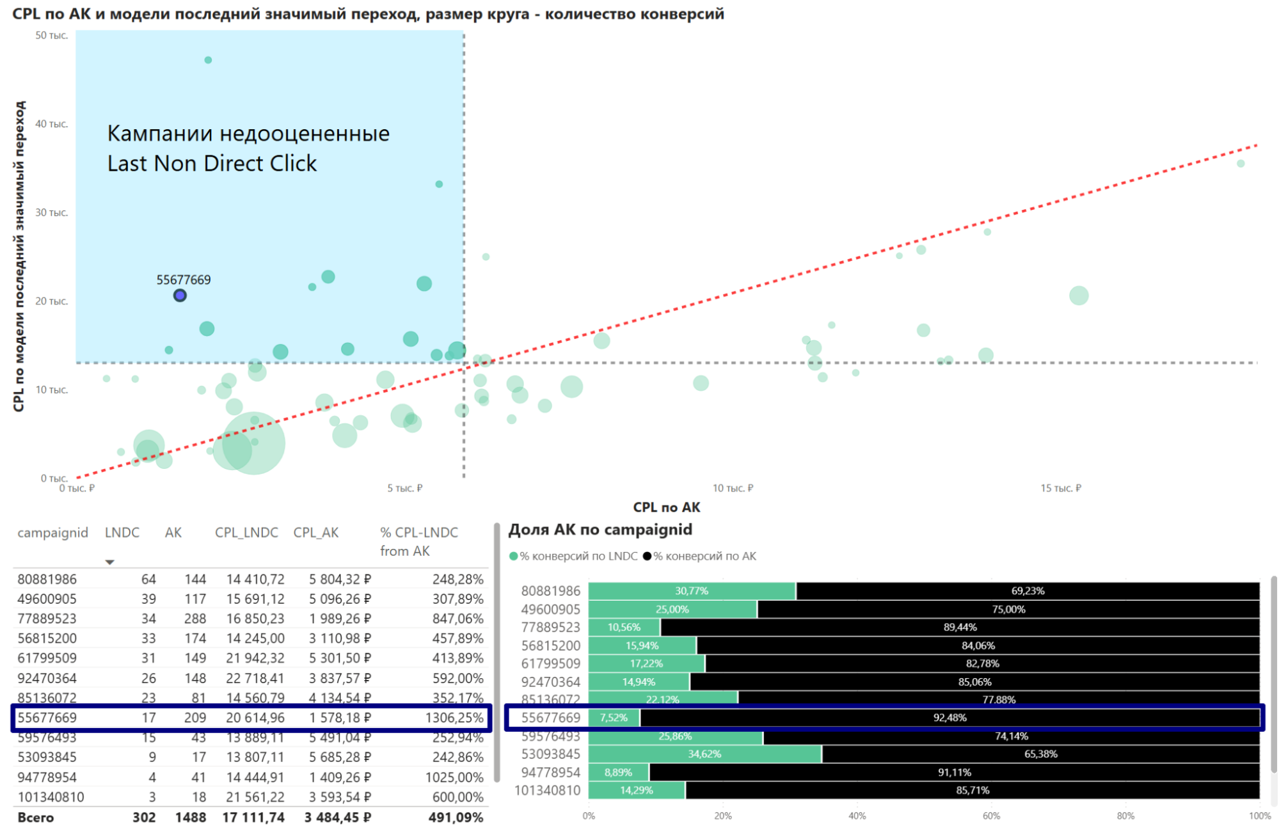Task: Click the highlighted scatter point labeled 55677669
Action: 180,296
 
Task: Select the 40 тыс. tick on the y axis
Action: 51,124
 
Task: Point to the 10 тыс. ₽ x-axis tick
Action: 733,489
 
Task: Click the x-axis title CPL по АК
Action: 666,507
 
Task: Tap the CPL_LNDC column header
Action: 246,533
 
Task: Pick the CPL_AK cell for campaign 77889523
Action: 340,619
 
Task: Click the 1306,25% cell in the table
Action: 454,718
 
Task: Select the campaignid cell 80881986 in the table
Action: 47,580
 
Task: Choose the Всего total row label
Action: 36,818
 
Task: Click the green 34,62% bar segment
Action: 704,754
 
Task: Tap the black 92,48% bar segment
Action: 949,718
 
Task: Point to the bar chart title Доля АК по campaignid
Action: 600,530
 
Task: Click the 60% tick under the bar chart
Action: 991,816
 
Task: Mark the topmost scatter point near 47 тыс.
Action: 208,60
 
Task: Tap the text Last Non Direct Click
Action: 212,164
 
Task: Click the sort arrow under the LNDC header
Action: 110,562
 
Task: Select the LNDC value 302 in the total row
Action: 144,818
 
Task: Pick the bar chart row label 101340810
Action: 548,791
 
